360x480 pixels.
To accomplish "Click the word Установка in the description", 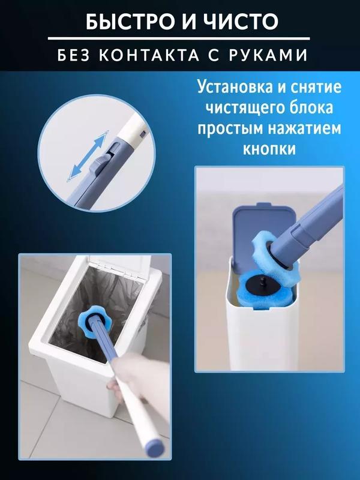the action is pos(235,86).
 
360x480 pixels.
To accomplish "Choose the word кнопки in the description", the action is pos(269,149).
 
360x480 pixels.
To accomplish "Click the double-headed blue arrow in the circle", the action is pos(88,156).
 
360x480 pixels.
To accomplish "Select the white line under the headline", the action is pos(179,38).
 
